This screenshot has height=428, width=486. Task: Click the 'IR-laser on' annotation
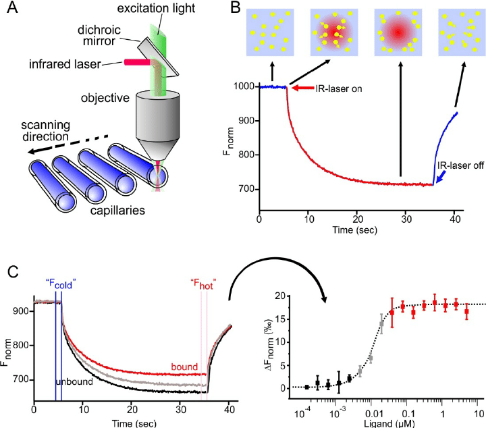[335, 88]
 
